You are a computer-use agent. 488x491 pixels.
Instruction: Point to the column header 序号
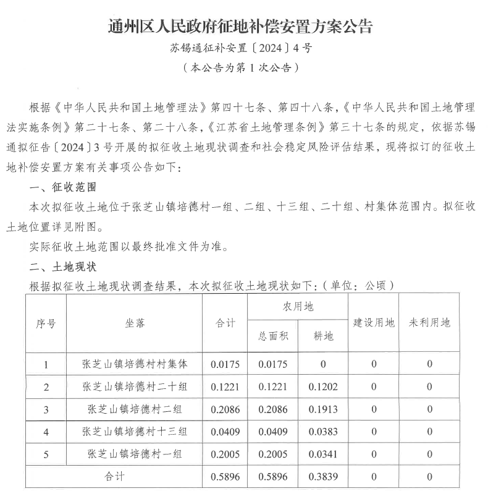click(x=46, y=323)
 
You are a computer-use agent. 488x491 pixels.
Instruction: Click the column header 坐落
click(x=134, y=323)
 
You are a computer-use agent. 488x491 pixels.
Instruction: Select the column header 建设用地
click(x=373, y=323)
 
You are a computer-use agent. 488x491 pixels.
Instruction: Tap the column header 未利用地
click(x=429, y=323)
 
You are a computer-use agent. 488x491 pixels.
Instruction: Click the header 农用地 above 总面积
click(x=298, y=307)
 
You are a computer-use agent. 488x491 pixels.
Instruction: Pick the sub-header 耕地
click(x=323, y=336)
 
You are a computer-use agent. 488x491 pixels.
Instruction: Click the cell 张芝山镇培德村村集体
click(x=134, y=364)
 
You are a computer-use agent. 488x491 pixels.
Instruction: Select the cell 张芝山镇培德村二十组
click(x=134, y=386)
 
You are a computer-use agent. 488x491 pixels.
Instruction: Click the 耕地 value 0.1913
click(x=323, y=409)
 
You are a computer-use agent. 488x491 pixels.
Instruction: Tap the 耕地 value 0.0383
click(x=323, y=431)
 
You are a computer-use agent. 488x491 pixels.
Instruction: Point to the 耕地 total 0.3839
click(x=323, y=476)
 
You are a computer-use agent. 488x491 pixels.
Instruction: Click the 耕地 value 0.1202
click(x=323, y=386)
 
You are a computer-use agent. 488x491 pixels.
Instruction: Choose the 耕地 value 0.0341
click(x=323, y=453)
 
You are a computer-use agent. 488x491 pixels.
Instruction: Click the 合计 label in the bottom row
click(x=114, y=476)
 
